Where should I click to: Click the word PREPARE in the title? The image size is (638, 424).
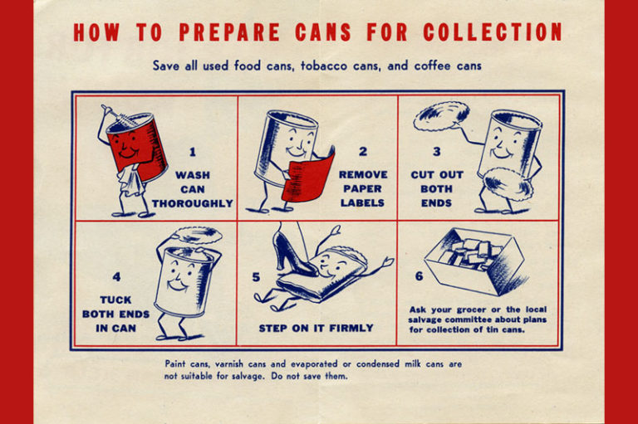229,32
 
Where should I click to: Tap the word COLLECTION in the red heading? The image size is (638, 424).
493,32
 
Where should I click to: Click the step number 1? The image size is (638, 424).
193,152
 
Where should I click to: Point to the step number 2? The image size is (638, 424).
363,152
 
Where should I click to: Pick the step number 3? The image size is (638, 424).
437,152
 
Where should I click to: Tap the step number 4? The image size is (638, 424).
117,277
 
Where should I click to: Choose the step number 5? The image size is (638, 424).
256,277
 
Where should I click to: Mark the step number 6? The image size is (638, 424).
419,276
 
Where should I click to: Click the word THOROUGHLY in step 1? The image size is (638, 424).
193,203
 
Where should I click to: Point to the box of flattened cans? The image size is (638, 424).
475,261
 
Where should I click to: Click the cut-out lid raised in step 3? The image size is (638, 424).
441,115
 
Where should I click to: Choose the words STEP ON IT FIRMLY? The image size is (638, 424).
317,328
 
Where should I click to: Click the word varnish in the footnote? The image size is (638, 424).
229,363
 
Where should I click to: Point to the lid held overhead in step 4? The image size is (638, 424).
197,235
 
